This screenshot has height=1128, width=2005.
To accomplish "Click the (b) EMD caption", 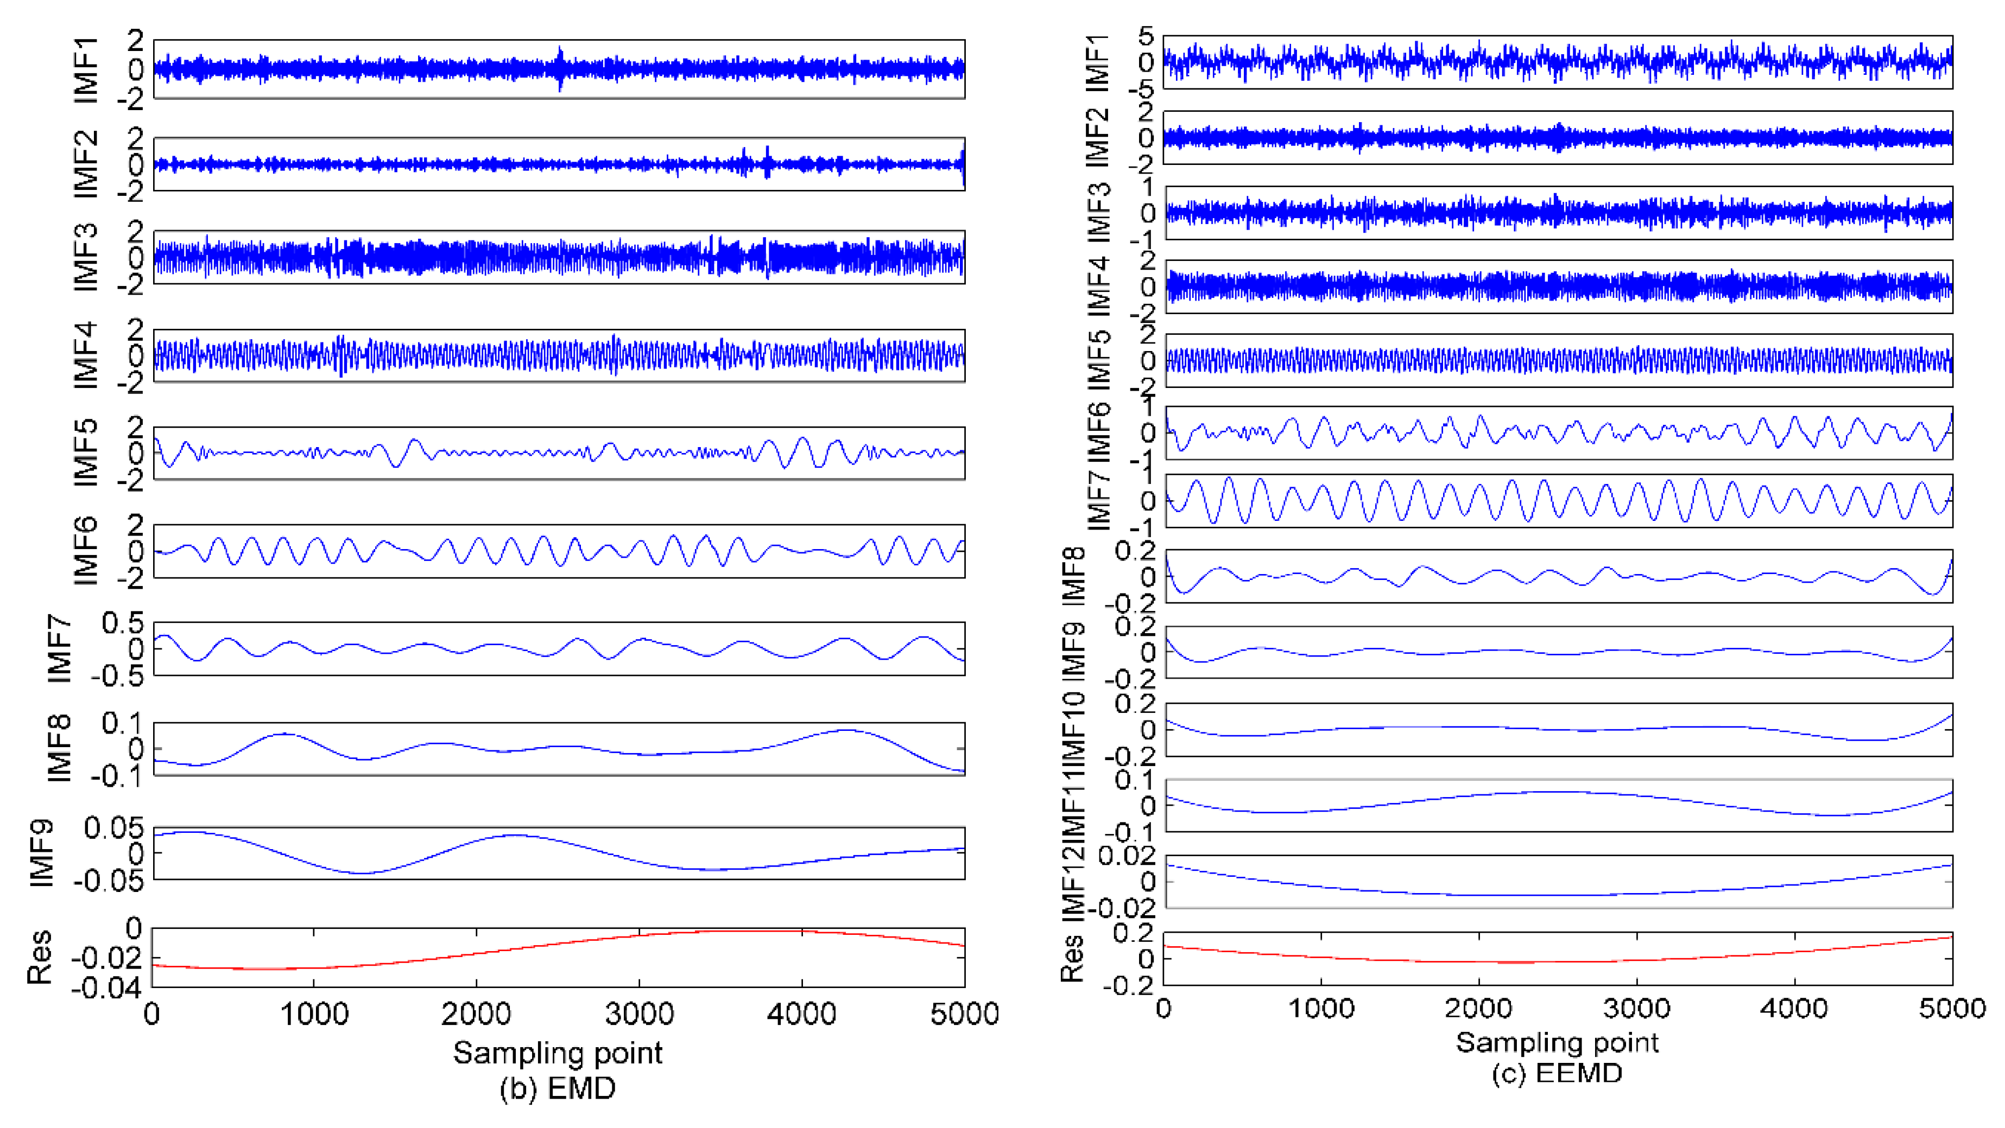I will pos(557,1087).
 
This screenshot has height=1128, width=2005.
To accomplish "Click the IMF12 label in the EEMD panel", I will pos(1074,881).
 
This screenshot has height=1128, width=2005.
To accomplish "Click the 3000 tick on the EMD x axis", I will pos(639,1014).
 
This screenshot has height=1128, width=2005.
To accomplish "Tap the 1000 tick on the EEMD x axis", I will pos(1321,1008).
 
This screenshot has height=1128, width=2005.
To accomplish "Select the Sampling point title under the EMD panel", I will pos(557,1053).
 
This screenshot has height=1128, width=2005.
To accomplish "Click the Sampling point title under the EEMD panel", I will pos(1557,1042).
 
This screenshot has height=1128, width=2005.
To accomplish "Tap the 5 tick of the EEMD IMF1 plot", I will pos(1146,36).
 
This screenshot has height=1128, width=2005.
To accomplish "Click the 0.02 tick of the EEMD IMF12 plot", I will pos(1126,856).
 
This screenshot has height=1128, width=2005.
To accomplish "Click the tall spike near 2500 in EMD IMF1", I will pos(560,59).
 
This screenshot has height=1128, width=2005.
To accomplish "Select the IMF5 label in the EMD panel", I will pos(86,453).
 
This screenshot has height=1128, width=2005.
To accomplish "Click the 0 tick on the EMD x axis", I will pos(153,1014).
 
